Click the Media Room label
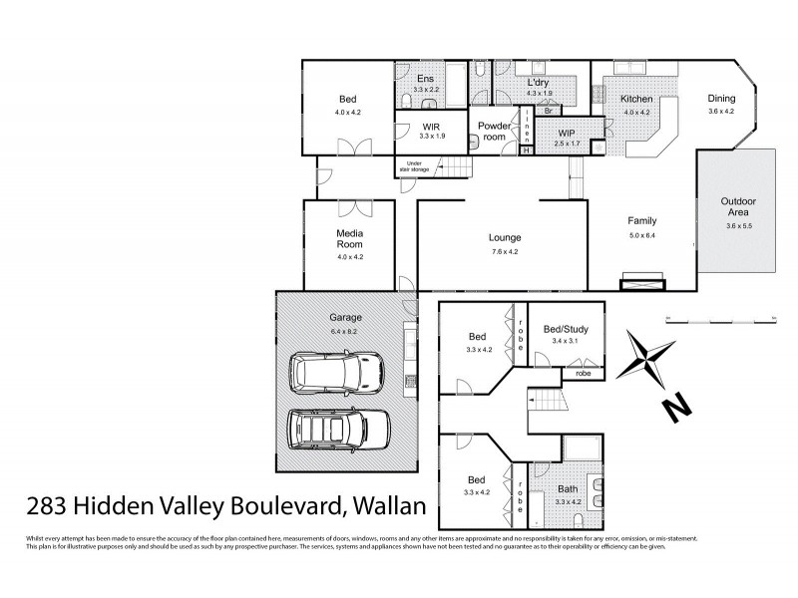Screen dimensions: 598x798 click(x=348, y=238)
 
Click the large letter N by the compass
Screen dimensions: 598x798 click(x=676, y=407)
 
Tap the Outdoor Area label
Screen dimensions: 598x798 click(x=738, y=207)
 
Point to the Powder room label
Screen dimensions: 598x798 click(x=493, y=131)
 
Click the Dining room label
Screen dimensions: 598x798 click(x=721, y=98)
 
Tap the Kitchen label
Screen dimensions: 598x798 click(x=636, y=100)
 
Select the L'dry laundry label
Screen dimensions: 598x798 click(x=539, y=82)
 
